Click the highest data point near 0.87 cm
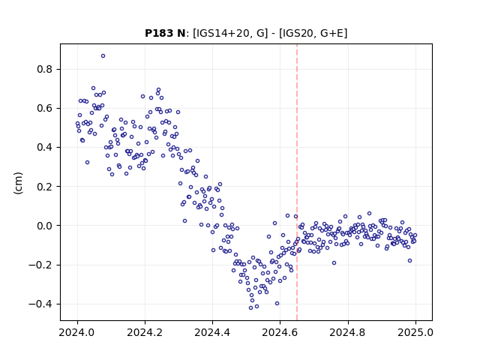click(103, 56)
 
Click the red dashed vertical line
click(297, 182)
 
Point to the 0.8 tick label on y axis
click(45, 70)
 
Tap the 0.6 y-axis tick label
click(45, 108)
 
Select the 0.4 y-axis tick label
click(45, 148)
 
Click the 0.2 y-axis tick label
click(45, 187)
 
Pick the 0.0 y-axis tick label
click(45, 226)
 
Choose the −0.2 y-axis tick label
click(40, 265)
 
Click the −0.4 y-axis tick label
click(40, 304)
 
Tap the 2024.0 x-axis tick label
click(77, 332)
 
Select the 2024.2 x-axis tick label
click(145, 332)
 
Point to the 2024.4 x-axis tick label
click(212, 332)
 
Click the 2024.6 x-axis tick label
click(280, 332)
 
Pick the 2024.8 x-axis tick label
click(348, 332)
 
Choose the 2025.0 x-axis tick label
click(415, 332)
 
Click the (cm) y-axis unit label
click(18, 183)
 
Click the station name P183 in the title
click(156, 33)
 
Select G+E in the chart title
click(331, 33)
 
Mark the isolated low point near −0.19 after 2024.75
click(334, 263)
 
